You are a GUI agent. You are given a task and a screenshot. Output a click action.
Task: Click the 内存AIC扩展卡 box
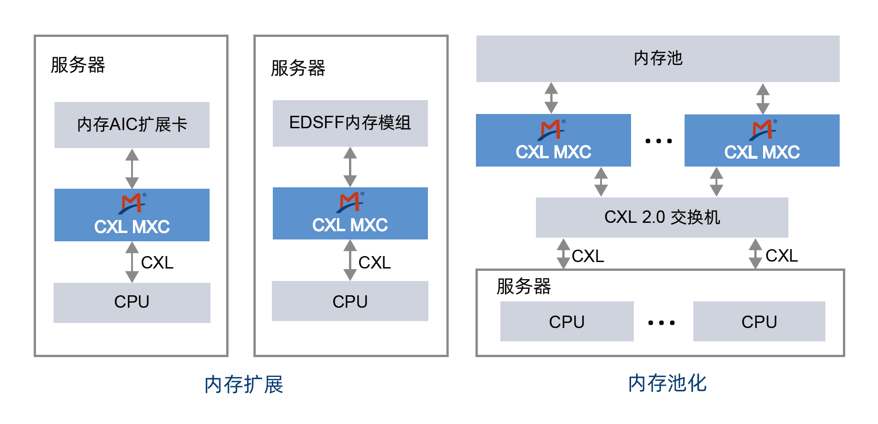(132, 125)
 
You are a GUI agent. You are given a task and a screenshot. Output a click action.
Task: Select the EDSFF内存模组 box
(350, 123)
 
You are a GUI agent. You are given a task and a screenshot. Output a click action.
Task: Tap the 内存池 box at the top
(657, 59)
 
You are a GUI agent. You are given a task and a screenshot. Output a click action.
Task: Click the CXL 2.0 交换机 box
(662, 217)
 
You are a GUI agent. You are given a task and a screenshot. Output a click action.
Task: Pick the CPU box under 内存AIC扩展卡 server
(132, 302)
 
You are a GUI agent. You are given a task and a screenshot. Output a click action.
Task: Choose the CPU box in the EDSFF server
(350, 301)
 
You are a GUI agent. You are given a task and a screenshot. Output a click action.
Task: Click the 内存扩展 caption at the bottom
(244, 384)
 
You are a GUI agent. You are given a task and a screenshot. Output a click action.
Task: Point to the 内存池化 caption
(667, 383)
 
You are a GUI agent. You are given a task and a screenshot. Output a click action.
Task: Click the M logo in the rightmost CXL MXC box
(762, 129)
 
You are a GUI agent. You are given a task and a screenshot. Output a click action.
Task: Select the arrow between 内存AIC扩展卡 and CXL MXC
(132, 168)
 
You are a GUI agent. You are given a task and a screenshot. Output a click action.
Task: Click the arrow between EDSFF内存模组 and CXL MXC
(350, 167)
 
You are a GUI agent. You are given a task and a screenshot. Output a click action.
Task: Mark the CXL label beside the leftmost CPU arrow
(157, 263)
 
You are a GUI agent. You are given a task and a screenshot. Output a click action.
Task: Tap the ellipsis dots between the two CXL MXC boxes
(658, 141)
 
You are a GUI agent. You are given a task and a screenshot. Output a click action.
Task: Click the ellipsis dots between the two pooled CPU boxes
(661, 322)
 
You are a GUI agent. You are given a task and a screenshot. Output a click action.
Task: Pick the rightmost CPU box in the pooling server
(759, 322)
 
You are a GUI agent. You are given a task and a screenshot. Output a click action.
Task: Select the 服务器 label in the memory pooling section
(523, 287)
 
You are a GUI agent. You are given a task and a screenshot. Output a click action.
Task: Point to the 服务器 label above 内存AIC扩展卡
(78, 65)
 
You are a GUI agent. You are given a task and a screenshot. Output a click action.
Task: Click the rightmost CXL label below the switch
(781, 256)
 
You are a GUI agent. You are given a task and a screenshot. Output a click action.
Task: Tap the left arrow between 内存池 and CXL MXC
(551, 98)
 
